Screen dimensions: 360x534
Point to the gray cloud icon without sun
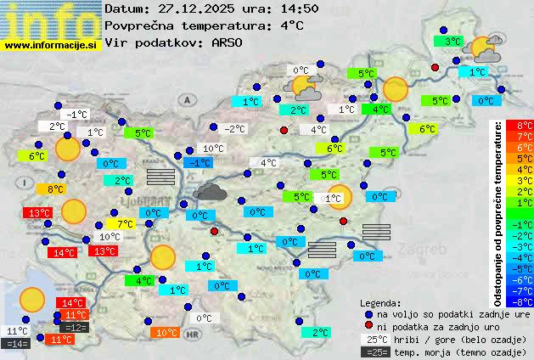(x=209, y=191)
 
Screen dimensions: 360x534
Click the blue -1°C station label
(x=199, y=162)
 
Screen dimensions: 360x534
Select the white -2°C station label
(x=233, y=129)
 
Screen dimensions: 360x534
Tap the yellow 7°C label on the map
(x=125, y=224)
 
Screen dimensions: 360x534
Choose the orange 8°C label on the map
(x=56, y=188)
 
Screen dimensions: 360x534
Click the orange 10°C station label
(x=166, y=333)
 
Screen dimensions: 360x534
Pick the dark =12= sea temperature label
(x=76, y=327)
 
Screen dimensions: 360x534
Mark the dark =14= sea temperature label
(x=16, y=344)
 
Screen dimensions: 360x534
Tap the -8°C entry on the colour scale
(x=518, y=301)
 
